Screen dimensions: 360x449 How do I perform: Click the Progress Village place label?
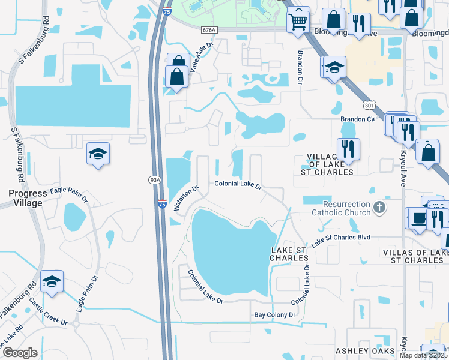[25, 198]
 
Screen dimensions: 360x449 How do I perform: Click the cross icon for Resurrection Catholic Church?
[378, 208]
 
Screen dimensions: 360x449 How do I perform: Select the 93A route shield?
[154, 179]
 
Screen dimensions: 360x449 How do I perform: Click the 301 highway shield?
[370, 105]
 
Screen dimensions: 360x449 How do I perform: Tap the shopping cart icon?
[298, 21]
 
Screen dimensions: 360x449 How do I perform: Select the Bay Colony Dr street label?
[275, 314]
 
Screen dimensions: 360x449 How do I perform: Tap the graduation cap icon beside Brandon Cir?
[333, 67]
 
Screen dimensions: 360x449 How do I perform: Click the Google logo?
[20, 352]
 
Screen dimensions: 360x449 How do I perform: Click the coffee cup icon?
[417, 218]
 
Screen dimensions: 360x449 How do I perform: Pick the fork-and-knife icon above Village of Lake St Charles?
[348, 148]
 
